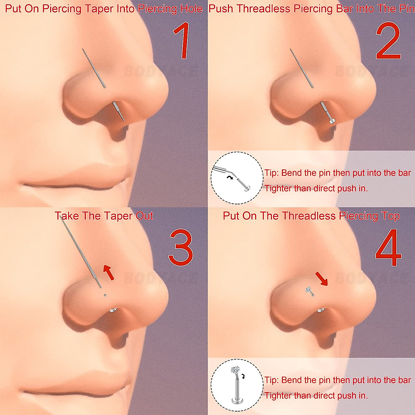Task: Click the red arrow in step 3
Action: coord(109,272)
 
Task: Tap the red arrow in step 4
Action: coord(321,279)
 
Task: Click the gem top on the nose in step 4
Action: coord(308,290)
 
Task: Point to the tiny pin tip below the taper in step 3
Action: coord(105,295)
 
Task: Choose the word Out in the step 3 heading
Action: coord(144,216)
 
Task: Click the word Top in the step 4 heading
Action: coord(391,216)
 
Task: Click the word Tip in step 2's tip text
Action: coord(271,173)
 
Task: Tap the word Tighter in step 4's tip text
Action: coord(278,395)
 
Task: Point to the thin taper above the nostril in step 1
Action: coord(94,68)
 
